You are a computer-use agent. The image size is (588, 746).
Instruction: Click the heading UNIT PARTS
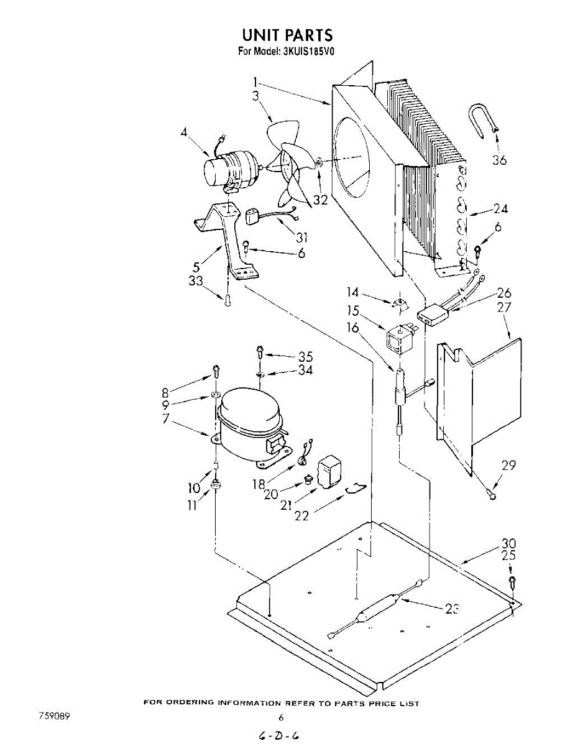tap(287, 35)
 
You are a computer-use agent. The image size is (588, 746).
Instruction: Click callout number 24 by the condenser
tap(500, 209)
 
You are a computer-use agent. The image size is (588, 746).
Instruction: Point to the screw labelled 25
tap(512, 583)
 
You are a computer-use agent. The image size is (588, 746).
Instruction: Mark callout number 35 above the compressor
tap(305, 357)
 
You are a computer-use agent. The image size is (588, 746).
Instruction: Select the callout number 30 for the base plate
tap(508, 543)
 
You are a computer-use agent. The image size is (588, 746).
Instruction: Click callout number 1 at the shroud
tap(255, 81)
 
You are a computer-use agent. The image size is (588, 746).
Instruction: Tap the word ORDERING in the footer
tap(188, 704)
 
